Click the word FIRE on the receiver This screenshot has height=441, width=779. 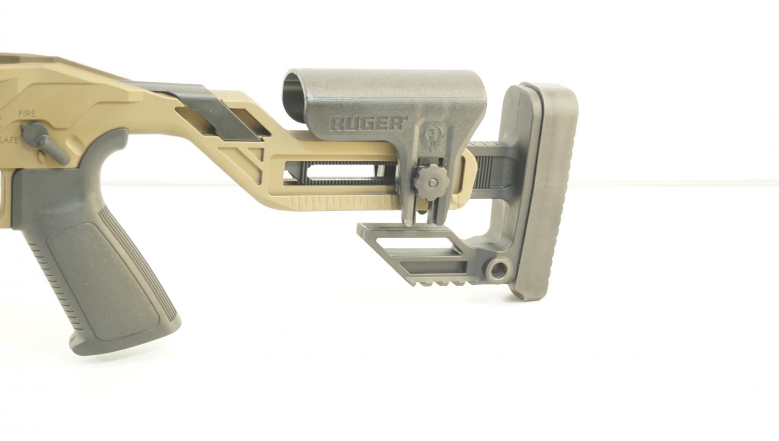[x=27, y=114]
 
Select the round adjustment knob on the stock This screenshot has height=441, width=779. [x=431, y=182]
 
